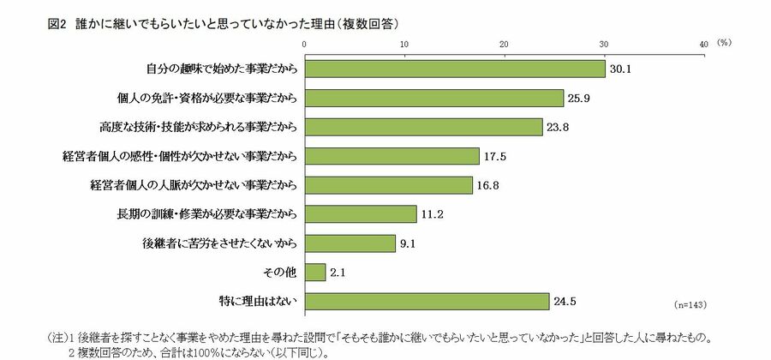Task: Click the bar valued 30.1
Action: [455, 69]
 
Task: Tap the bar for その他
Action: [314, 272]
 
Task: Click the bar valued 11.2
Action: [361, 213]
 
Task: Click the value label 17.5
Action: [493, 156]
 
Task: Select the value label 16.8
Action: [486, 185]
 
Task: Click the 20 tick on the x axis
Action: [504, 43]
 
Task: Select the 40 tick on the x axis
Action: [703, 43]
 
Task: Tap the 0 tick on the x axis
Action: [305, 43]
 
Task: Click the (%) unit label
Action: [724, 42]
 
